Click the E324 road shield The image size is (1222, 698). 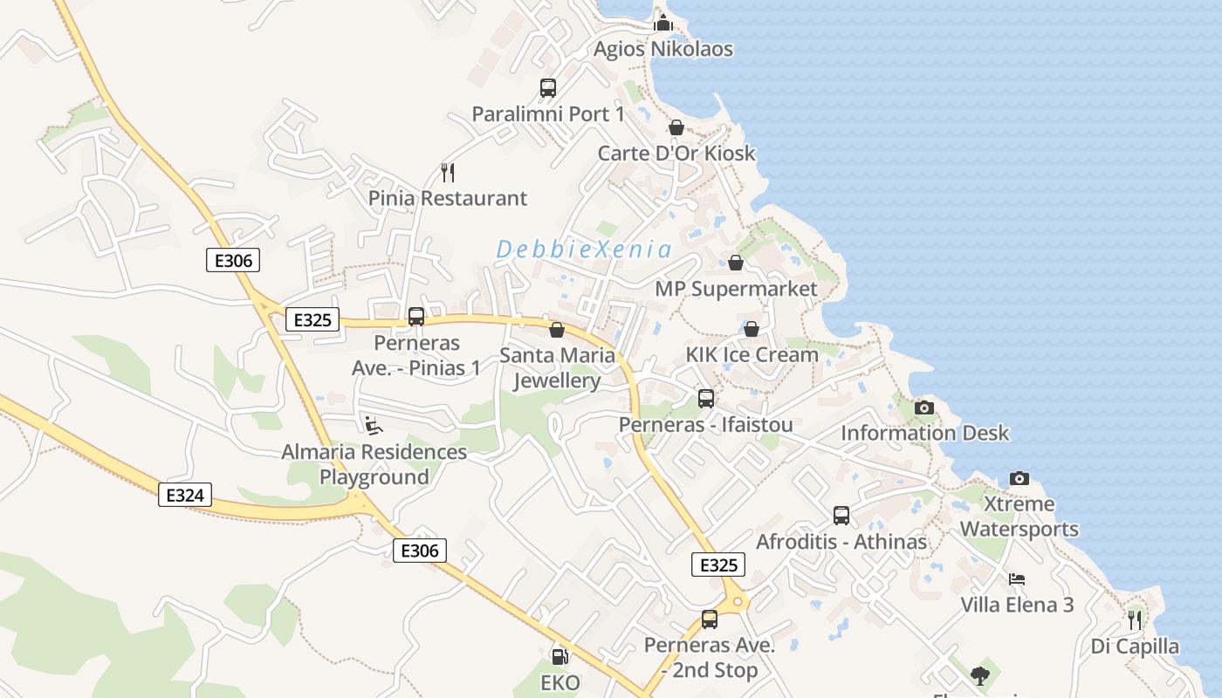click(185, 496)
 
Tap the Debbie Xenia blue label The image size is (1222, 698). click(585, 250)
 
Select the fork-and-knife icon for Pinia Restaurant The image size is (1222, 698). click(448, 172)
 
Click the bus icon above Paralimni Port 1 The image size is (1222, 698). click(548, 88)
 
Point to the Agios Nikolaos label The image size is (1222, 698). click(663, 49)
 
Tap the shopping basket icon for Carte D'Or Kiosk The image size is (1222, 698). click(676, 128)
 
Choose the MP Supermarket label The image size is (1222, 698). click(736, 289)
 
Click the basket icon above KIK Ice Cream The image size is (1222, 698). click(751, 329)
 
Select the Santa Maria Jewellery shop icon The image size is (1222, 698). click(556, 330)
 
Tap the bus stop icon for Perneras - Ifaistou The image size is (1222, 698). click(705, 399)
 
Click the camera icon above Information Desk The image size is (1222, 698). click(923, 407)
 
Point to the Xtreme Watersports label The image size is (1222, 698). click(1019, 517)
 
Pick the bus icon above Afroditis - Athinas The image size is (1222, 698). click(841, 516)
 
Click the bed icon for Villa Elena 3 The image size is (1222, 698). click(1017, 578)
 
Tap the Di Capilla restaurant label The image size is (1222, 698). click(1135, 647)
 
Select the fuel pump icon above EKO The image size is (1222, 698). click(560, 656)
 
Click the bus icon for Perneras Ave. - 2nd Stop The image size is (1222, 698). click(710, 619)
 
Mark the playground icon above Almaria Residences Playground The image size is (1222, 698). click(374, 426)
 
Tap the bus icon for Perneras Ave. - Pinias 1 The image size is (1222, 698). click(416, 317)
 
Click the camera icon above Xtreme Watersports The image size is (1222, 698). click(1019, 478)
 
